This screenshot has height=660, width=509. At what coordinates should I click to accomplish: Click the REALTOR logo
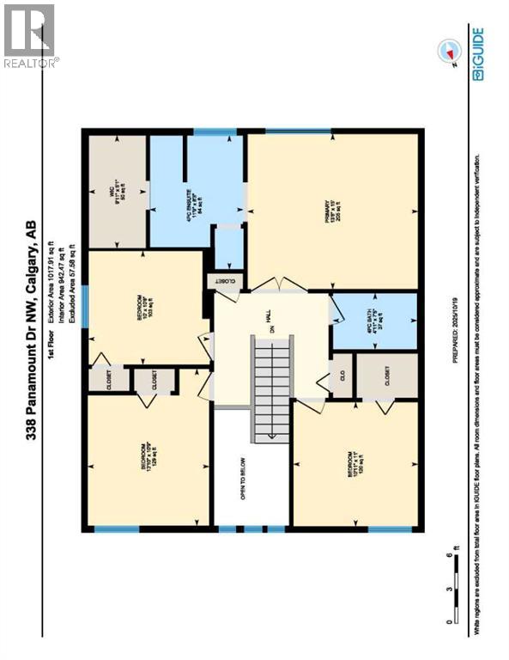(29, 34)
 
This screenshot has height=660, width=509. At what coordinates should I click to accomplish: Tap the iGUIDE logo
(477, 53)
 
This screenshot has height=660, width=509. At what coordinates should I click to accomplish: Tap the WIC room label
(115, 187)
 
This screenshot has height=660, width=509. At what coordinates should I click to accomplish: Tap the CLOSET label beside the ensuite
(226, 281)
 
